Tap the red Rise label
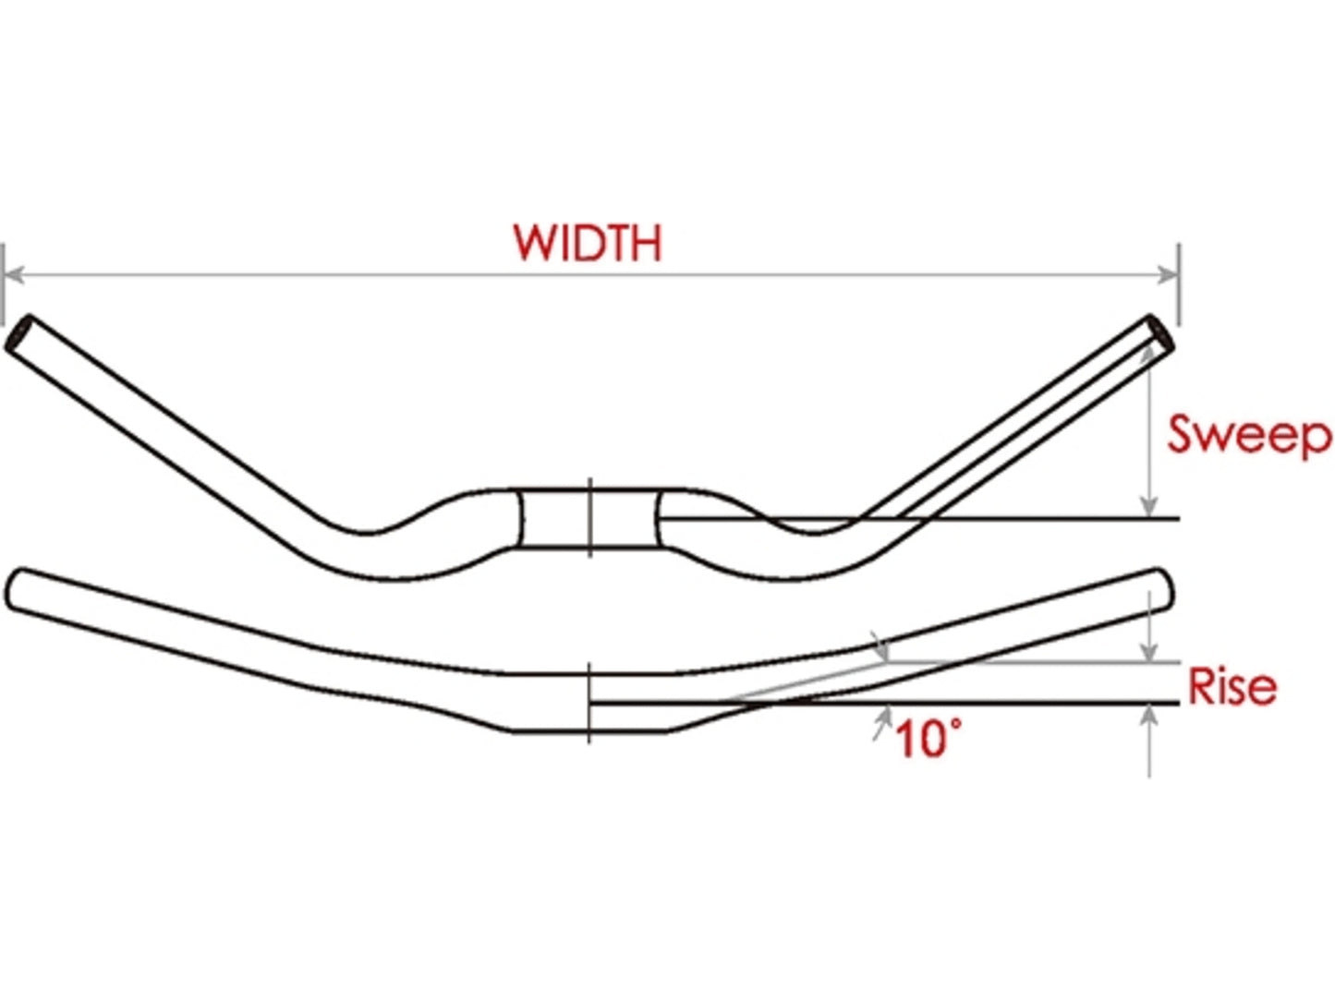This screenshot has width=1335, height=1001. pyautogui.click(x=1232, y=686)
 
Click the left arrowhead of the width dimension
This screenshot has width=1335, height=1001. pyautogui.click(x=13, y=274)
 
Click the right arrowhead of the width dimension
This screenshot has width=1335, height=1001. pyautogui.click(x=1170, y=274)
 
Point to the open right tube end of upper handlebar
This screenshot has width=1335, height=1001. pyautogui.click(x=1161, y=333)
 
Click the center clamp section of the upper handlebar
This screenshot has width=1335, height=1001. pyautogui.click(x=589, y=519)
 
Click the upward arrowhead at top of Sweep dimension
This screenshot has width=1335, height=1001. pyautogui.click(x=1148, y=350)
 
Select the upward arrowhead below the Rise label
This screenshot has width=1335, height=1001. pyautogui.click(x=1148, y=714)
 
